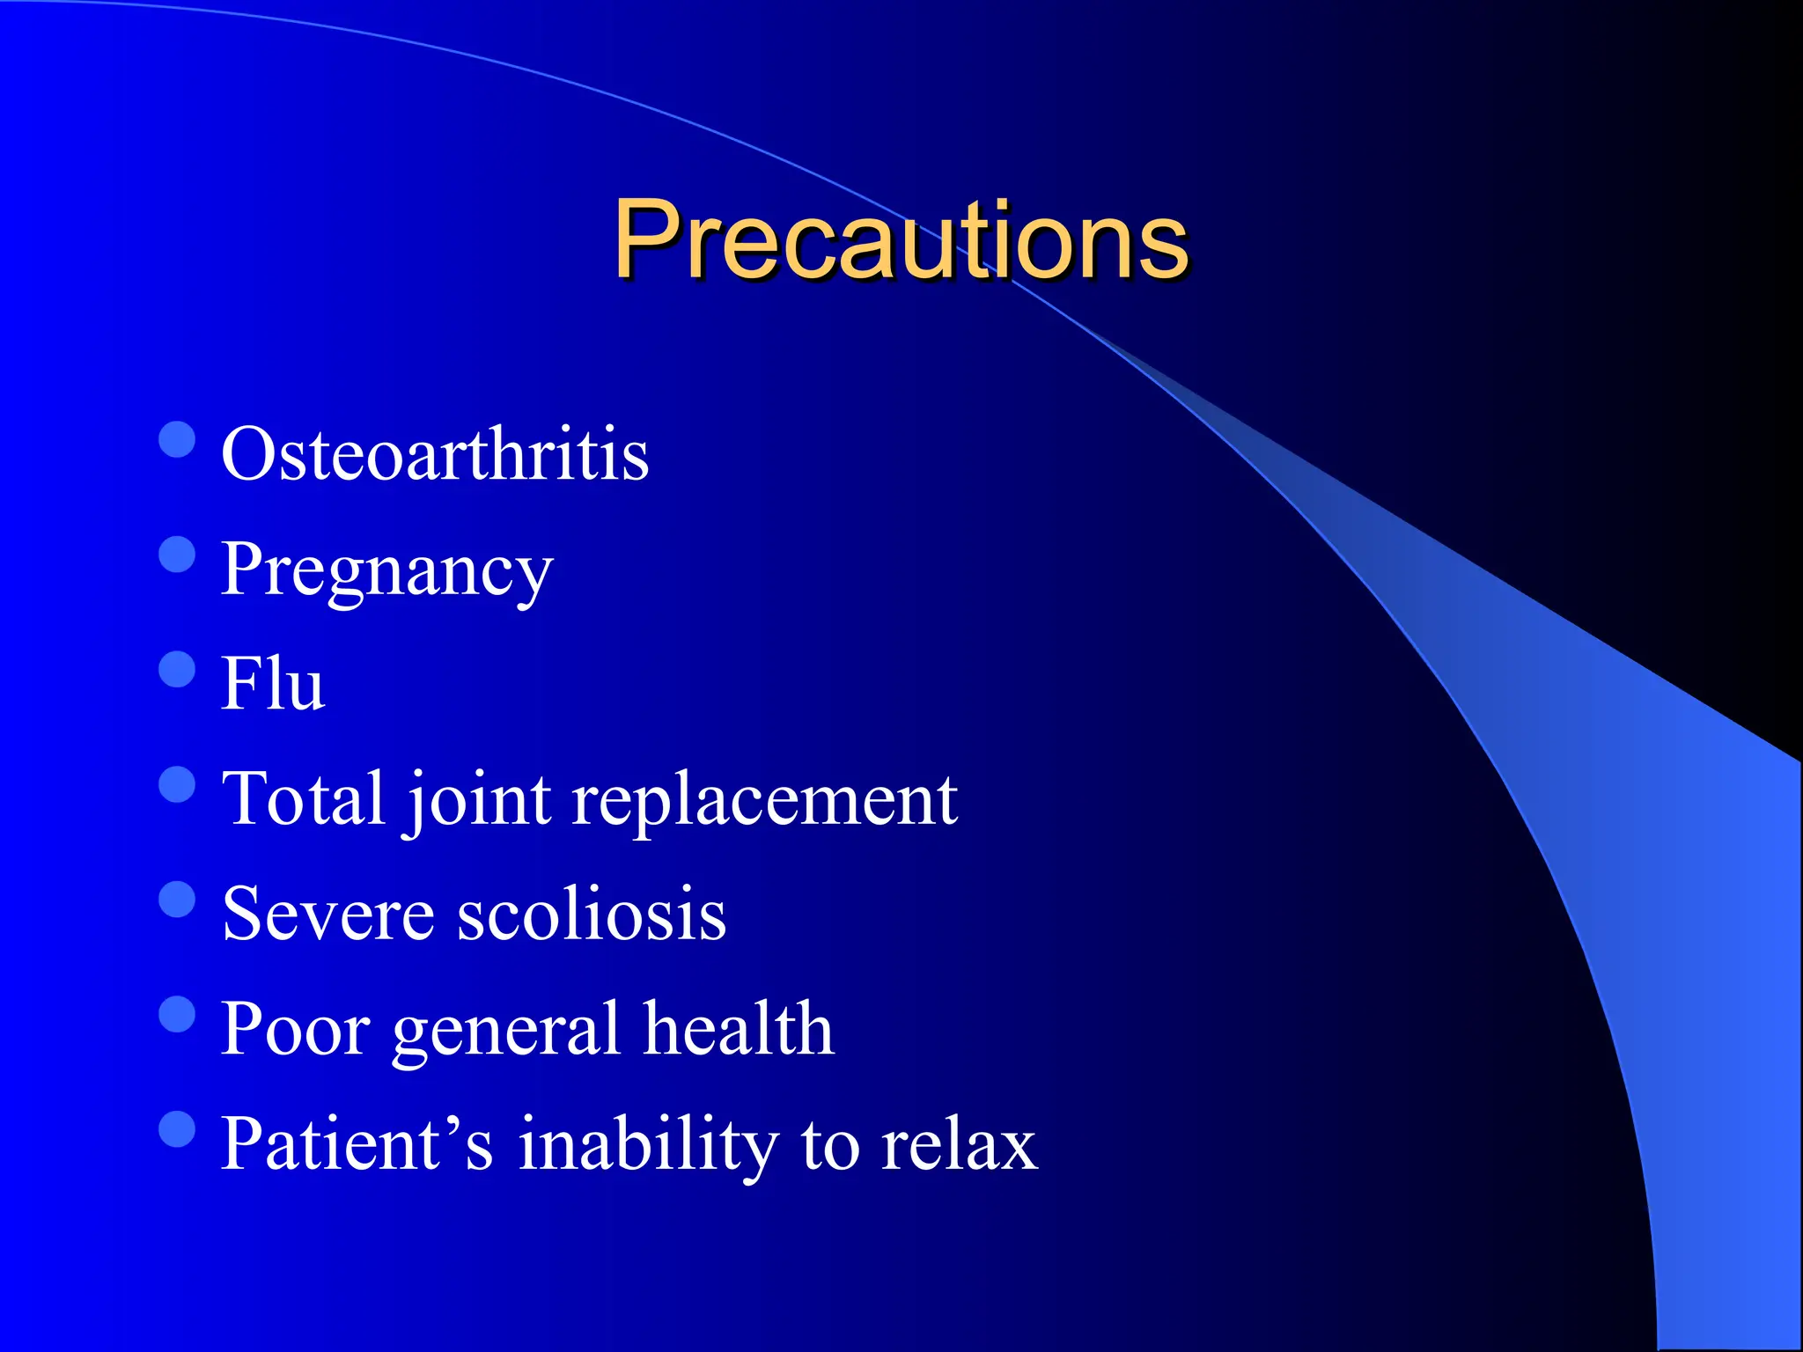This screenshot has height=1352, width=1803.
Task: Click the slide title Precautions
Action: coord(900,239)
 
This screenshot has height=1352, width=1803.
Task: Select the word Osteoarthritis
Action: coord(435,454)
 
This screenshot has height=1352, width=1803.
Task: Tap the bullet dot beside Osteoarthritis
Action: coord(177,439)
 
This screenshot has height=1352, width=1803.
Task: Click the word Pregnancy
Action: coord(386,570)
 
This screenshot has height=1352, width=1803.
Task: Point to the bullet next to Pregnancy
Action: coord(177,555)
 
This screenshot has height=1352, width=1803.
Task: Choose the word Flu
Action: coord(273,684)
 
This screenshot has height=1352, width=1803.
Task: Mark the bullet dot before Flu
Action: coord(177,669)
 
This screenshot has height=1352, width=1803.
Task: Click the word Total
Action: coord(304,798)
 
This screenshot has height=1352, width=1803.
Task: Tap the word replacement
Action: coord(764,798)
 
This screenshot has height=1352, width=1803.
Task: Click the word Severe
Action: coord(328,914)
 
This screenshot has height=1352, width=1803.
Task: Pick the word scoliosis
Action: coord(592,914)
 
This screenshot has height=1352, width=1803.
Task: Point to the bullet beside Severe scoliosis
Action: coord(177,900)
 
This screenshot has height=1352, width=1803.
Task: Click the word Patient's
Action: coord(357,1143)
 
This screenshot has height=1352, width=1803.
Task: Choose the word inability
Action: coord(648,1143)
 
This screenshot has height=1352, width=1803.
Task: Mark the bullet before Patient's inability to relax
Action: coord(177,1129)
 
